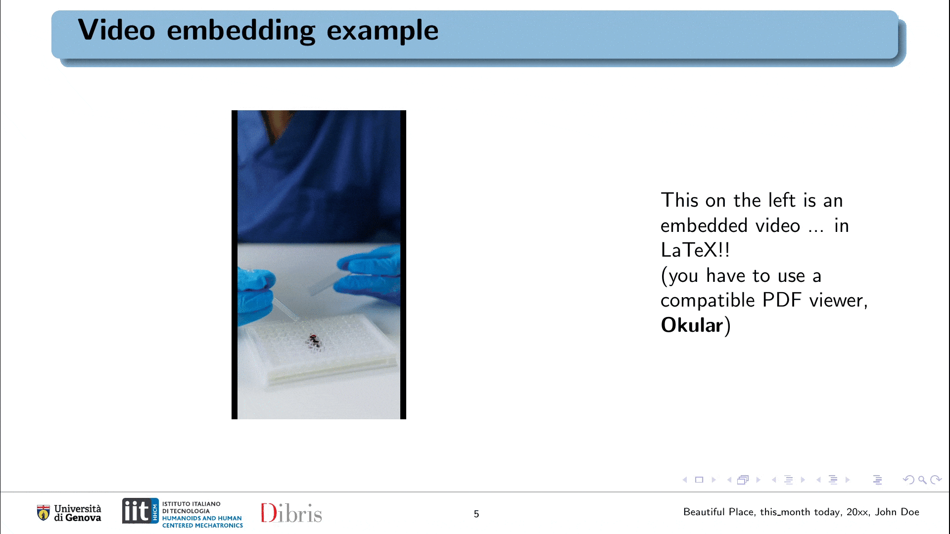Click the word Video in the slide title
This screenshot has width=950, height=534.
[117, 30]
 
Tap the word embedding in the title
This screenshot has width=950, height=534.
[241, 31]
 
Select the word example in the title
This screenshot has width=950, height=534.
[382, 31]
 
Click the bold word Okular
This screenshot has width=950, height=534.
[692, 325]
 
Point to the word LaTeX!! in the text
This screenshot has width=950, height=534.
[695, 250]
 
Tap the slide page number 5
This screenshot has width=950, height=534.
[476, 514]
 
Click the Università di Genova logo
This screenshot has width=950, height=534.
[69, 513]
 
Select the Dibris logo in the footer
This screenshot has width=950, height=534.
[291, 513]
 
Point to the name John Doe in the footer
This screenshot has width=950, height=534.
[897, 512]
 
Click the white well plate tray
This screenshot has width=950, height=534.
[322, 349]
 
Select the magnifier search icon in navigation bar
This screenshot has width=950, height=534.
[922, 480]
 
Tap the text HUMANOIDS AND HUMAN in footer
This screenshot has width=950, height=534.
[202, 518]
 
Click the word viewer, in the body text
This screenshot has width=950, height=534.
[839, 301]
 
